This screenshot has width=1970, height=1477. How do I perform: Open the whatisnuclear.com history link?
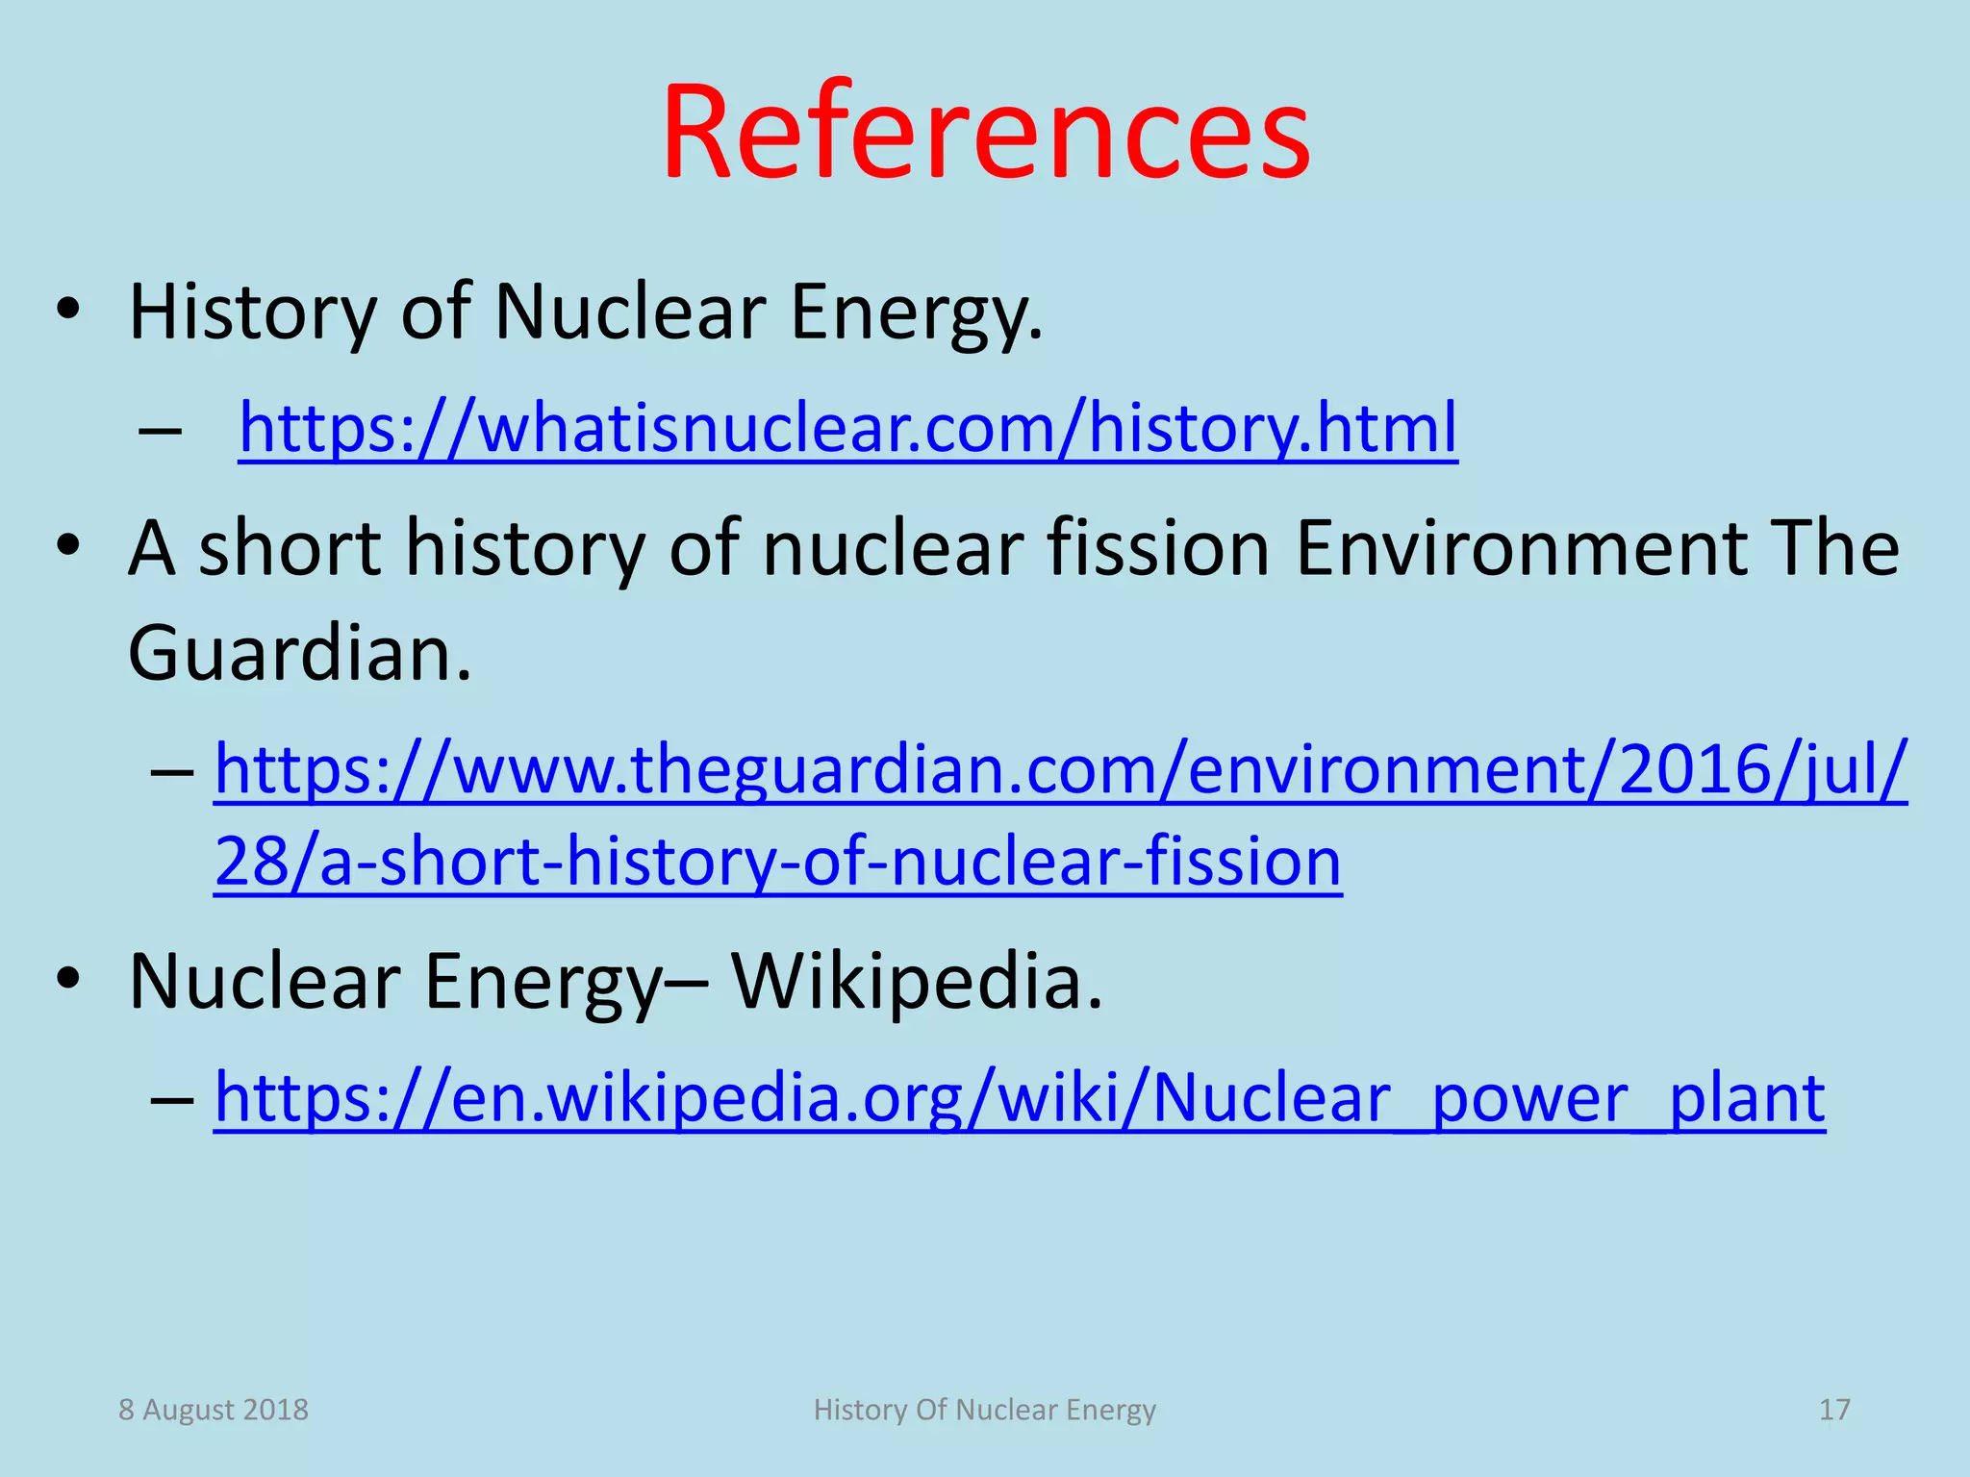click(847, 427)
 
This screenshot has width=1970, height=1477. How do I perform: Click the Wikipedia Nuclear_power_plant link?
click(1019, 1097)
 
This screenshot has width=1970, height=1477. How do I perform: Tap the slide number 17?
click(1833, 1410)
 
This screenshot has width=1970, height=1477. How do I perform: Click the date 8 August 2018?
click(214, 1410)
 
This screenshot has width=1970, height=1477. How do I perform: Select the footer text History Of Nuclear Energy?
click(984, 1410)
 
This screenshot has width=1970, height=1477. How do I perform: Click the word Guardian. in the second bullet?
click(300, 654)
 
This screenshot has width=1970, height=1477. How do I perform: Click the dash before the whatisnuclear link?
click(160, 429)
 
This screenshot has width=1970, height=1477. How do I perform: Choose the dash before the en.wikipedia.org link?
click(172, 1098)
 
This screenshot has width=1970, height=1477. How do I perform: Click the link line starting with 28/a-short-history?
click(777, 862)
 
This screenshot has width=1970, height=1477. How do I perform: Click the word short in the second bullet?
click(290, 548)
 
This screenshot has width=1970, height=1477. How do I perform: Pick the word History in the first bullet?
click(252, 313)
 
